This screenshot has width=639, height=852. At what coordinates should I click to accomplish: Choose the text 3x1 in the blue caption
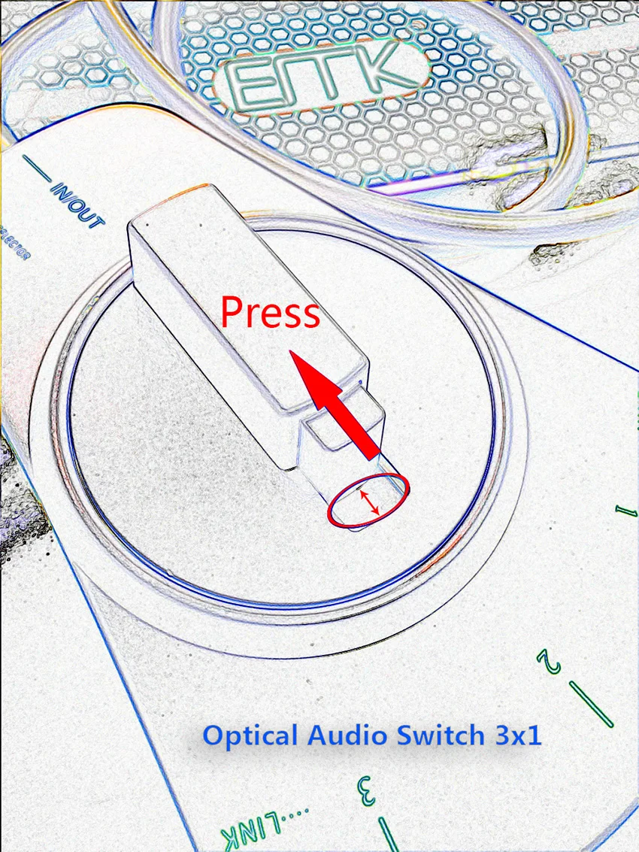tap(517, 735)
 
